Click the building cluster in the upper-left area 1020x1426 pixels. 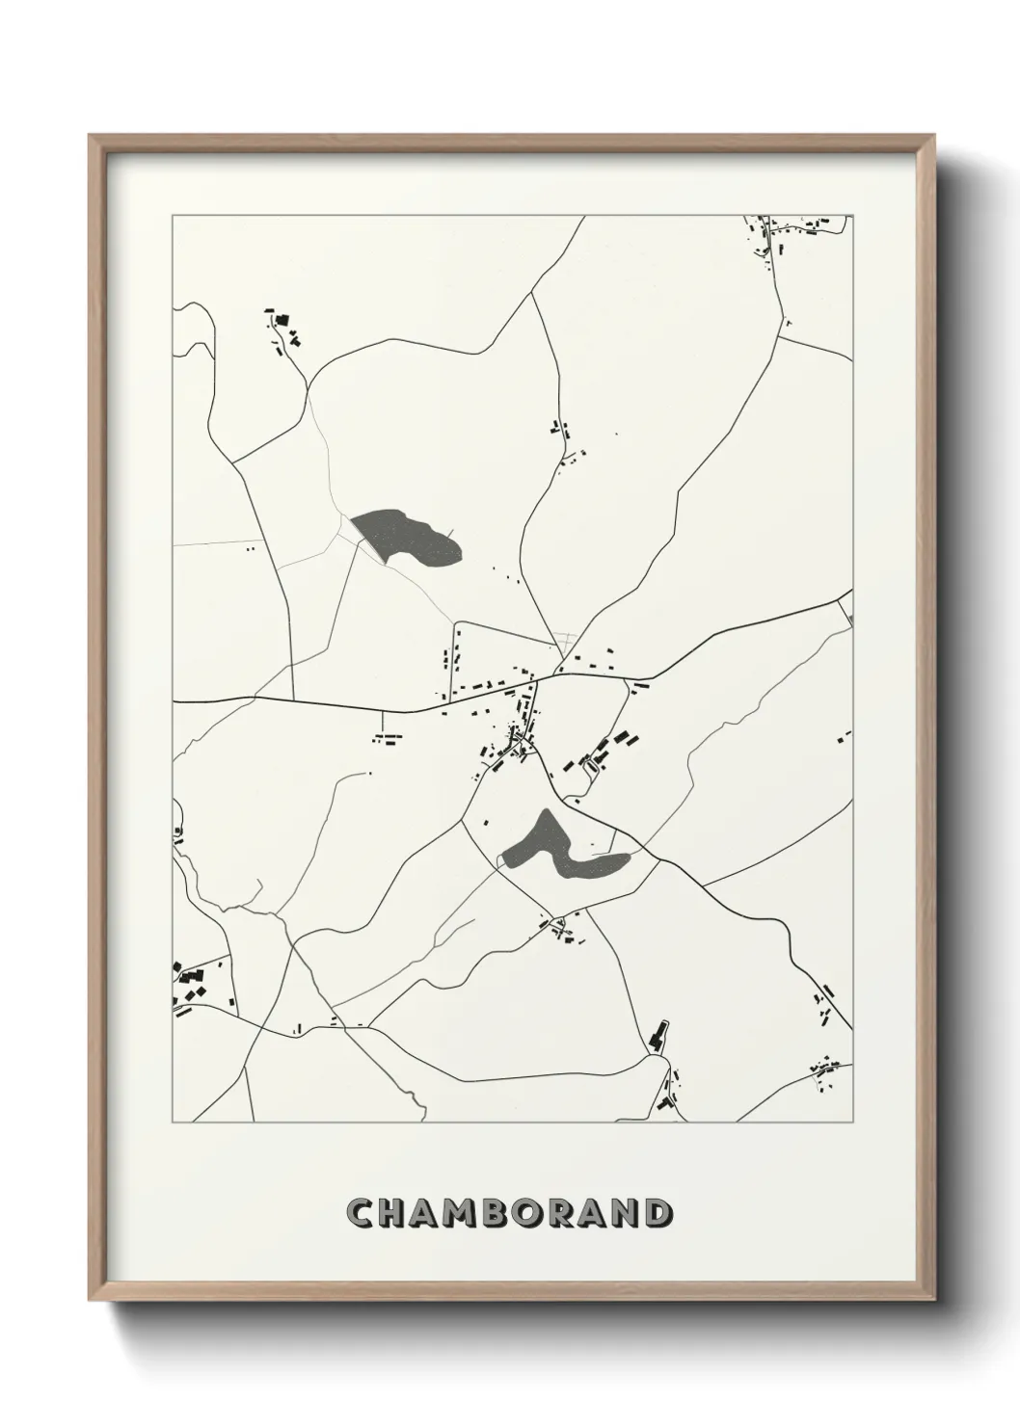click(x=283, y=328)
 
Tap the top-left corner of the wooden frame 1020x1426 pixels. click(x=90, y=136)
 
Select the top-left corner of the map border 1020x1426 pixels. click(x=173, y=216)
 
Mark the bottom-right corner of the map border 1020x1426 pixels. click(x=853, y=1122)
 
